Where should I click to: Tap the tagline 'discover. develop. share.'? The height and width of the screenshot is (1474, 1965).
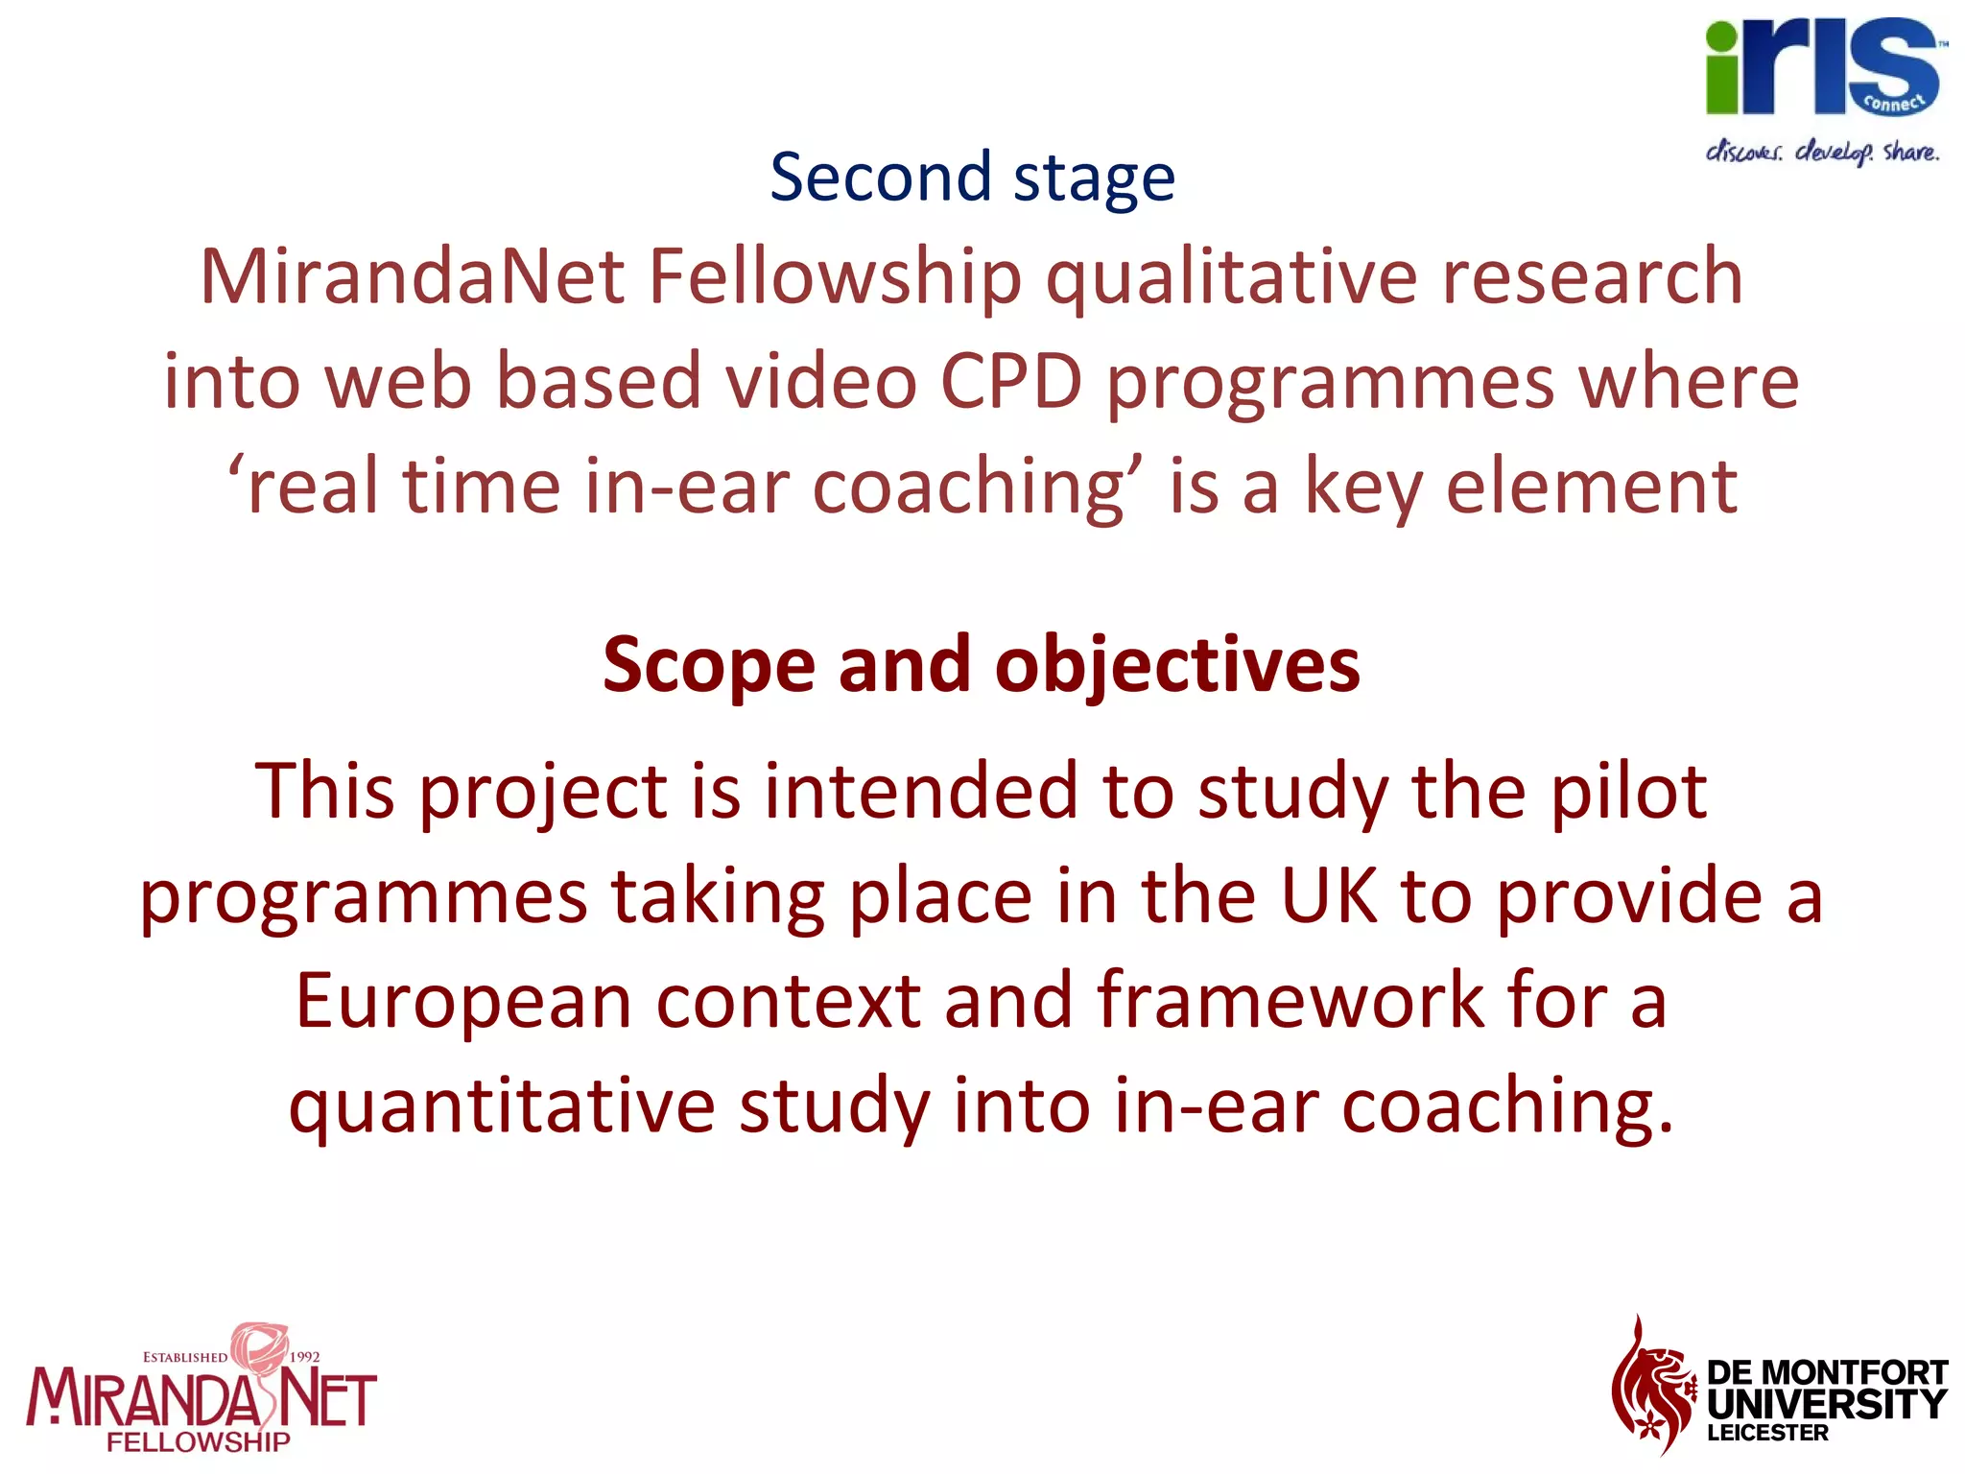1821,152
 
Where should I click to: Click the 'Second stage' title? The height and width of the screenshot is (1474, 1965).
972,178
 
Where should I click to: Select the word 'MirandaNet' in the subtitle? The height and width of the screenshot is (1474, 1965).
412,276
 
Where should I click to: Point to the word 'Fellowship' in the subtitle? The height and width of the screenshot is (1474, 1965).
836,276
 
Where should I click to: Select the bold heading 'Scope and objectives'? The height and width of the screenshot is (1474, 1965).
981,664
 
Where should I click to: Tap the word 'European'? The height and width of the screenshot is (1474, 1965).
463,1000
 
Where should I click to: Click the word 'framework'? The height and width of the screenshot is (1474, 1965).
1290,1000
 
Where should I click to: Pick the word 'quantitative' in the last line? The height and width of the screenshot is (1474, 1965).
502,1105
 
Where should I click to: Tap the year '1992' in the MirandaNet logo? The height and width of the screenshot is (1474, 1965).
304,1357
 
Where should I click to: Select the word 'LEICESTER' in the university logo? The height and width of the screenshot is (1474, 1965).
1767,1433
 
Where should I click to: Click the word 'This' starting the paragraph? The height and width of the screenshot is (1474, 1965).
324,791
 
